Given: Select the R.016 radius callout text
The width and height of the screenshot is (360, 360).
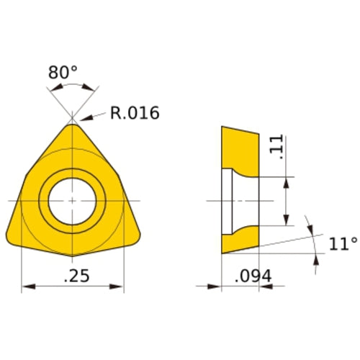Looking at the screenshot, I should point(134,113).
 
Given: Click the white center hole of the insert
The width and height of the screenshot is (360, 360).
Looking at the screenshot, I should point(72,199).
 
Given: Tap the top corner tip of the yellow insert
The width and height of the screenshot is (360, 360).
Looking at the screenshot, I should point(72,125).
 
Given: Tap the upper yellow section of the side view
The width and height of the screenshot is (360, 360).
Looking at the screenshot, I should point(239,148).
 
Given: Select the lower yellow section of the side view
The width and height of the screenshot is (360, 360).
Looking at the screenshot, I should point(239,239).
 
